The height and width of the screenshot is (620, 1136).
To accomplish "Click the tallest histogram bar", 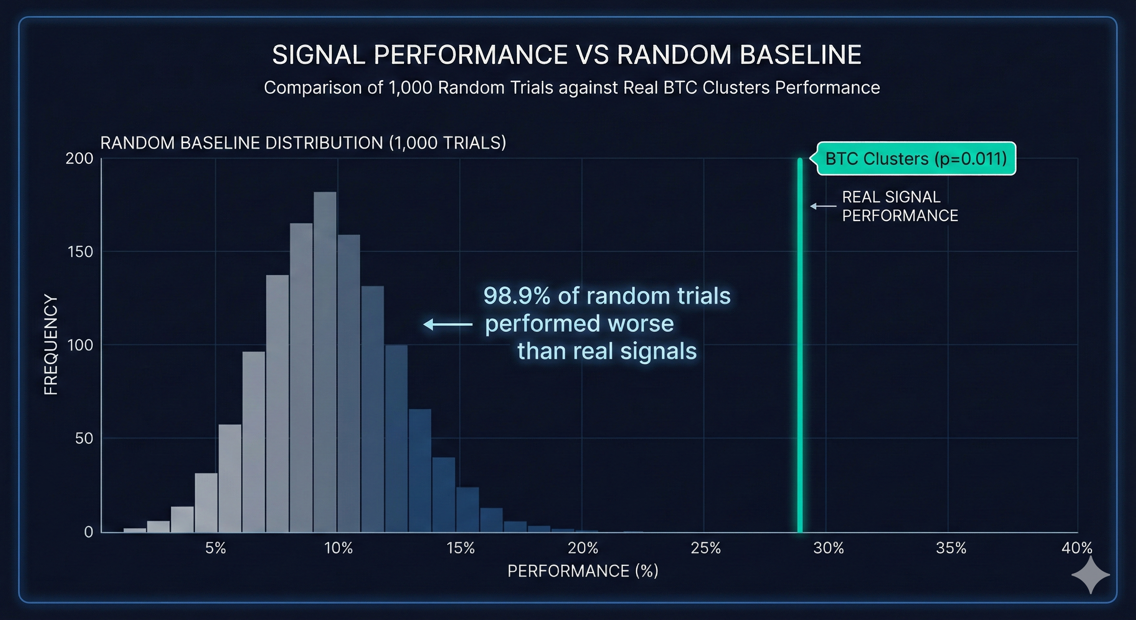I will coord(325,362).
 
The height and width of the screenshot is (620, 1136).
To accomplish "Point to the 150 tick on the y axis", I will coord(80,252).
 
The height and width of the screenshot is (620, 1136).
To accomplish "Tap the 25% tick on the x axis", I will coord(706,548).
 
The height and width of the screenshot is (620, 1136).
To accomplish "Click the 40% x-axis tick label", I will coord(1076,548).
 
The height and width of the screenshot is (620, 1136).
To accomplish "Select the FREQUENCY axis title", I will coord(51,345).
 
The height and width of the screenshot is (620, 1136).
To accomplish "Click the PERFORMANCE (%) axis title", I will coord(583,571).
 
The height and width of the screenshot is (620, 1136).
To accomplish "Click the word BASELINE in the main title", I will coord(800,55).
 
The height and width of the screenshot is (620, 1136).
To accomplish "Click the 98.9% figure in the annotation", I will coord(516,295).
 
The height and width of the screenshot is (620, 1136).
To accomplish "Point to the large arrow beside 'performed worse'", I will coord(448,325).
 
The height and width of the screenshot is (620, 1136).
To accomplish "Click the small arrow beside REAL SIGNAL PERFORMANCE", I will coord(823,206).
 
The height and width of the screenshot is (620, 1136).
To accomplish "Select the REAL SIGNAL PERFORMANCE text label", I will coord(900,206).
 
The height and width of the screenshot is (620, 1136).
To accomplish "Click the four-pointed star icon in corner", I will coord(1090,574).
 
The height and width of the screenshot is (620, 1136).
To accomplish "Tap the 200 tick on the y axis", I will coord(79,158).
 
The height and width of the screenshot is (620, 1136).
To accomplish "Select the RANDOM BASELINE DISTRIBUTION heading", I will coord(303,143).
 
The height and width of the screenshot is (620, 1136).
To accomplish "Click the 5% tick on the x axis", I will coord(216,548).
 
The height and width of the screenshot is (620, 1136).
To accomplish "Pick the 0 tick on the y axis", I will coord(88,532).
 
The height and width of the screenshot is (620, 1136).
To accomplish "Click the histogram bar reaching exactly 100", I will coord(396,439).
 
